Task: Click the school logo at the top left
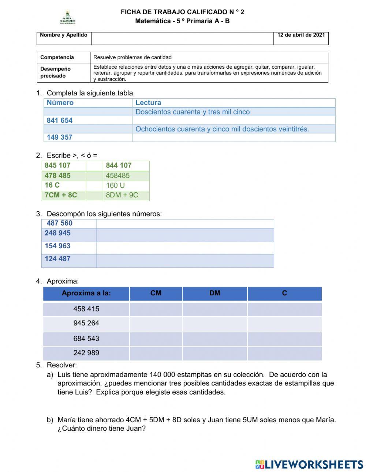coord(67,18)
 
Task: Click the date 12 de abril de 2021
coord(301,35)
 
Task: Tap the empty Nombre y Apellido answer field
coord(182,38)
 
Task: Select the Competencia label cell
coord(57,57)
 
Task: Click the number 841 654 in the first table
coord(60,121)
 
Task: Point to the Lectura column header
coord(148,103)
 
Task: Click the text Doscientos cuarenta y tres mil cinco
coord(193,112)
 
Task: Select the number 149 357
coord(60,137)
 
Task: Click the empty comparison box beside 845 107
coord(94,166)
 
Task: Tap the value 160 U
coord(115,185)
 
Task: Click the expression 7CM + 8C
coord(61,195)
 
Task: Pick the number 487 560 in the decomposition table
coord(60,223)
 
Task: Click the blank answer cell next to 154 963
coord(185,248)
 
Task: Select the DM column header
coord(214,293)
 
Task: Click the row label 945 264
coord(86,324)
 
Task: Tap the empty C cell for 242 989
coord(284,353)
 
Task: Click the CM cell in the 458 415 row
coord(156,309)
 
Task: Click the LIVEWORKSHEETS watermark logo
coord(309,464)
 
